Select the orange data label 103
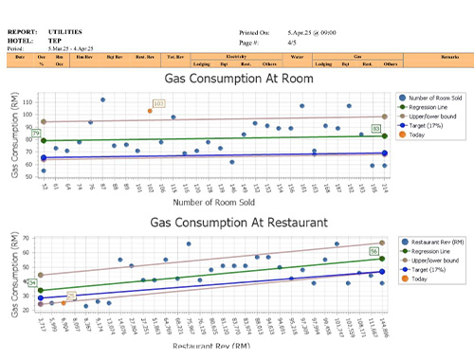pyautogui.click(x=158, y=103)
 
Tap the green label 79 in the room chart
pyautogui.click(x=36, y=134)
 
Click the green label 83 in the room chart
pyautogui.click(x=376, y=128)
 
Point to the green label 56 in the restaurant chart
pyautogui.click(x=374, y=251)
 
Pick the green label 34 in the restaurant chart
pyautogui.click(x=32, y=282)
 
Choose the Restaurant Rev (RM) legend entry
pyautogui.click(x=437, y=243)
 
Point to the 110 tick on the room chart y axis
pyautogui.click(x=28, y=100)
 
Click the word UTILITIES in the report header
pyautogui.click(x=66, y=32)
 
